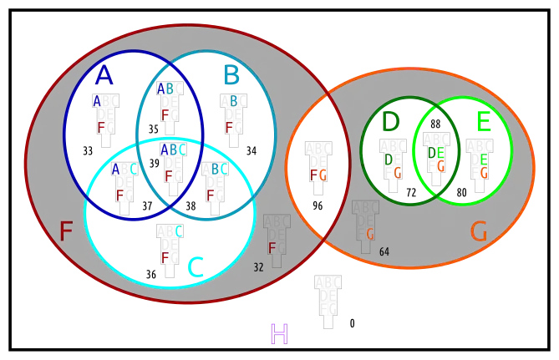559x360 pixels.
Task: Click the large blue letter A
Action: (104, 74)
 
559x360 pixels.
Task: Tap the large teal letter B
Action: (231, 75)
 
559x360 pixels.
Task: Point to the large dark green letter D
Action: (390, 122)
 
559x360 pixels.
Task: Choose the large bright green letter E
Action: (483, 122)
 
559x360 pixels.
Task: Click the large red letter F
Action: (65, 231)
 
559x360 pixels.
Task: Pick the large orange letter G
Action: (479, 231)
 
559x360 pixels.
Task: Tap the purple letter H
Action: (277, 334)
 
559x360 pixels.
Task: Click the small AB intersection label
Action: (165, 88)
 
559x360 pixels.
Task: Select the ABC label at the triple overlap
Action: (173, 150)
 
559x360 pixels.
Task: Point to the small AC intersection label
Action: (125, 169)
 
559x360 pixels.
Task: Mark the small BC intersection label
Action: (219, 169)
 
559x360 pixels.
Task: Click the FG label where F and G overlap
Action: (318, 175)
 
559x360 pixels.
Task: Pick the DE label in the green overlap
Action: (436, 153)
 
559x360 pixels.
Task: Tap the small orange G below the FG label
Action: (370, 235)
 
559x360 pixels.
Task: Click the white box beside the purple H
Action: (328, 322)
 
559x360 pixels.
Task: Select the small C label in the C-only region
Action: (178, 231)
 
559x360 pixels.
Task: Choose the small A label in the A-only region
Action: (97, 101)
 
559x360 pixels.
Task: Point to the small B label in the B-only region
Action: (234, 101)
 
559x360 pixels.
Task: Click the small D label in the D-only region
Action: (389, 159)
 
